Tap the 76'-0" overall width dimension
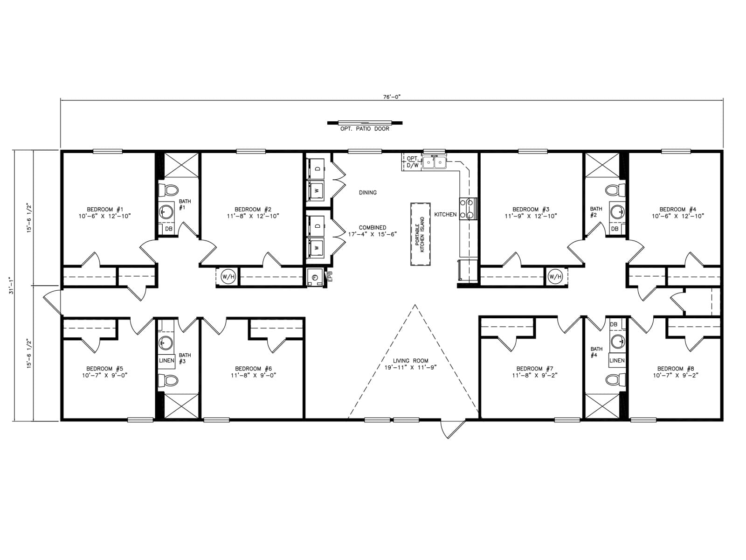click(392, 97)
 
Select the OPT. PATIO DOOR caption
click(365, 129)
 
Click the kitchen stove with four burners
click(468, 209)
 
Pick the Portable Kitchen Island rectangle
click(421, 234)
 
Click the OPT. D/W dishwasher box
click(412, 162)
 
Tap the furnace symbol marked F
click(315, 278)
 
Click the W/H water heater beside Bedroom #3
click(555, 277)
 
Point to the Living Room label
click(411, 361)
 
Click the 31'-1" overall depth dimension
click(12, 286)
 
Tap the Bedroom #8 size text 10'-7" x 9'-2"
click(675, 376)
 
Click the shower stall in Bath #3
click(181, 406)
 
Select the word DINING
click(368, 192)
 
